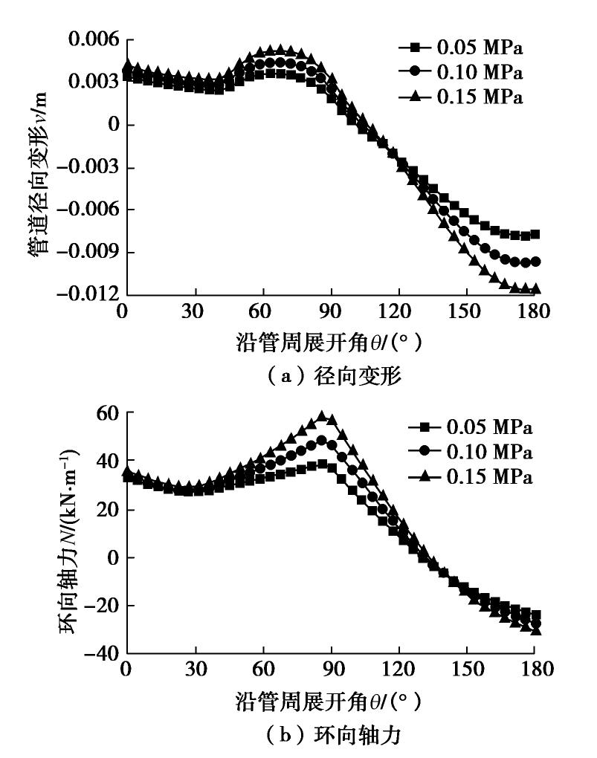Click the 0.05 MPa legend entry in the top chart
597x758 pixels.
[x=461, y=50]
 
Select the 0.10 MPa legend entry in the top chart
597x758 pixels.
[x=461, y=73]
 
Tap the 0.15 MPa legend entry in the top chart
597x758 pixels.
[x=461, y=96]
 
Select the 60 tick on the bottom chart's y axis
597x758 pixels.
[x=101, y=413]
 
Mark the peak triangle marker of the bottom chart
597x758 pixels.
[x=322, y=416]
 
